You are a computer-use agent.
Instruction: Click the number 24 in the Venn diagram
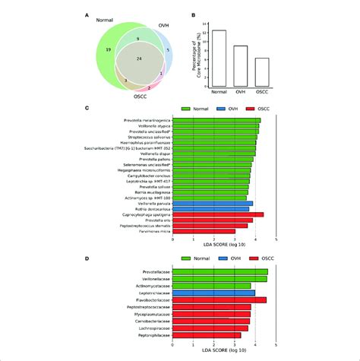pyautogui.click(x=137, y=58)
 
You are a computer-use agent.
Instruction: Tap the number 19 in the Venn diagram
pyautogui.click(x=109, y=48)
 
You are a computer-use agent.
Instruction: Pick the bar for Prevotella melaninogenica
pyautogui.click(x=216, y=120)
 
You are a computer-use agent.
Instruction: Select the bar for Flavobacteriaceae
pyautogui.click(x=219, y=300)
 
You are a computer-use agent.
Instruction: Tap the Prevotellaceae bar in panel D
pyautogui.click(x=220, y=271)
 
